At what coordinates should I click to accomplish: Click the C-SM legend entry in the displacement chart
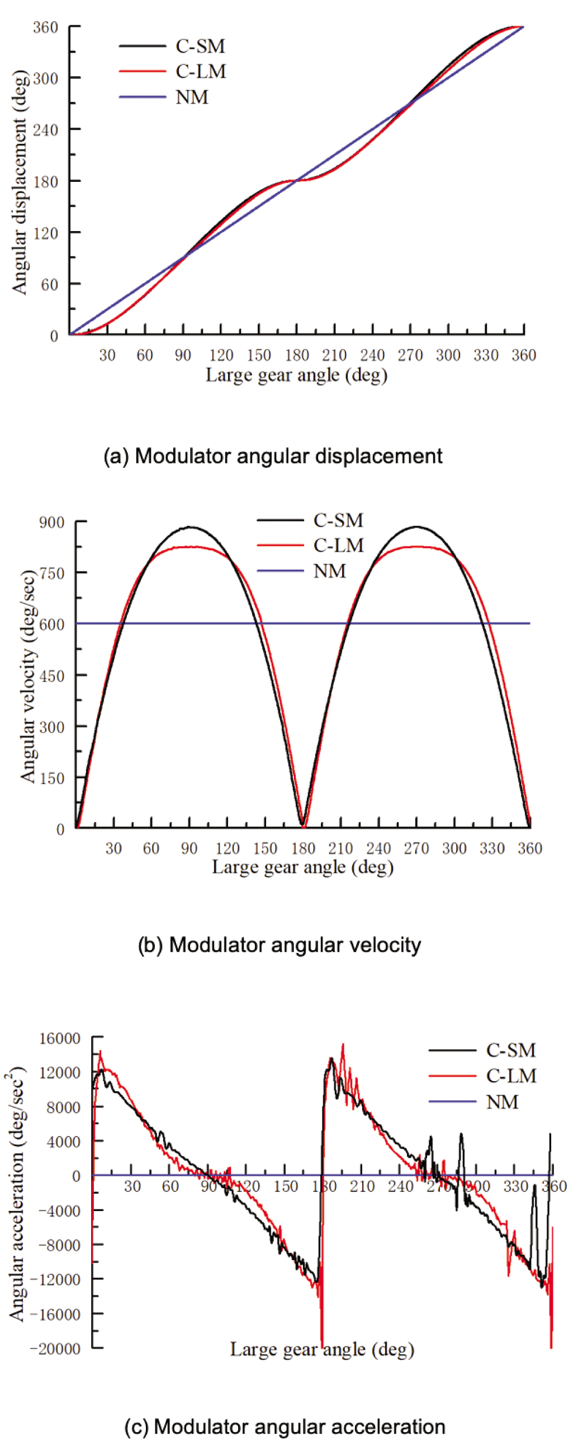point(200,46)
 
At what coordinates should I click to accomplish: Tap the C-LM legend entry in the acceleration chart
point(511,1076)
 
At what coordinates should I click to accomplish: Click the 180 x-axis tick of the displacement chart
point(296,355)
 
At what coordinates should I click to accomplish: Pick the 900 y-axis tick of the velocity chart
point(51,522)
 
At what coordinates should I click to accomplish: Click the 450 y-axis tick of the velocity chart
point(51,675)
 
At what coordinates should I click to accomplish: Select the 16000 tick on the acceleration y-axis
point(60,1038)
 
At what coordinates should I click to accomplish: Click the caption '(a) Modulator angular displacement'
point(273,456)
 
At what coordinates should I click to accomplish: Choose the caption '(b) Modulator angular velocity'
point(279,945)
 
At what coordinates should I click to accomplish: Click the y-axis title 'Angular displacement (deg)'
point(20,182)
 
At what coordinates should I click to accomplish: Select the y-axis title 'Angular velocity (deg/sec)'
point(28,676)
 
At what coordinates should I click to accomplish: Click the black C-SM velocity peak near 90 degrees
point(189,527)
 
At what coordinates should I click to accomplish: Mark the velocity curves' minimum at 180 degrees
point(303,826)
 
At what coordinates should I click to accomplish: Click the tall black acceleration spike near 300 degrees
point(461,1134)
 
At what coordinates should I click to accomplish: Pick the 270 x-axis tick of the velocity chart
point(416,848)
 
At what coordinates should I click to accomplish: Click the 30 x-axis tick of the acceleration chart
point(132,1186)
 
